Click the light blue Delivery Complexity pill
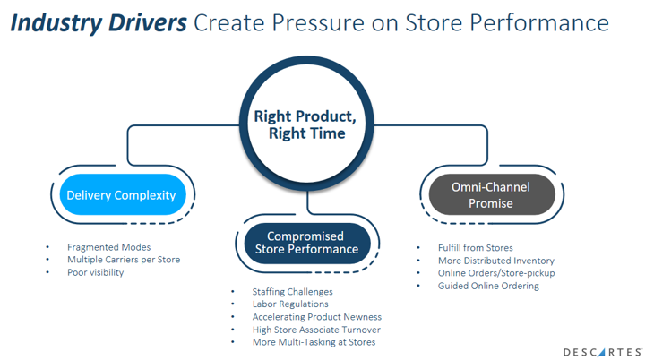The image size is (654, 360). click(x=123, y=195)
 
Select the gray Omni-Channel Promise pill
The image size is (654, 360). click(x=492, y=195)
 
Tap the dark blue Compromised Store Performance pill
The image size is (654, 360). click(x=307, y=244)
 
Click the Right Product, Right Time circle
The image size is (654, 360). click(x=306, y=124)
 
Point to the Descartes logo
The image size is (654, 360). click(x=602, y=352)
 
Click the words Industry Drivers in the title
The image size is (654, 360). click(x=99, y=23)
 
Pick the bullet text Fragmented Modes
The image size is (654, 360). click(x=109, y=247)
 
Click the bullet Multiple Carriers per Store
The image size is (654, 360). click(x=124, y=260)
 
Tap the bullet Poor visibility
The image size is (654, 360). click(x=96, y=272)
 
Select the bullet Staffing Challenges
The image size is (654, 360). click(x=292, y=292)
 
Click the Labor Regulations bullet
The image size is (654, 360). click(x=290, y=304)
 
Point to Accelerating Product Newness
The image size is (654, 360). click(x=316, y=317)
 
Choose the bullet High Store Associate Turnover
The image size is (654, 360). click(x=316, y=330)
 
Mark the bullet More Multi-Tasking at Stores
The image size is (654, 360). click(x=314, y=342)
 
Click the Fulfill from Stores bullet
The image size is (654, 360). click(x=476, y=248)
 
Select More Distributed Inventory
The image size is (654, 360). click(x=496, y=261)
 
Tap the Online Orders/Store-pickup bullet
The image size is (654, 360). click(x=496, y=273)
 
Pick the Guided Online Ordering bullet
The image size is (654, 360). click(x=488, y=286)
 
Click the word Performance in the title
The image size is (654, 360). click(x=539, y=23)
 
